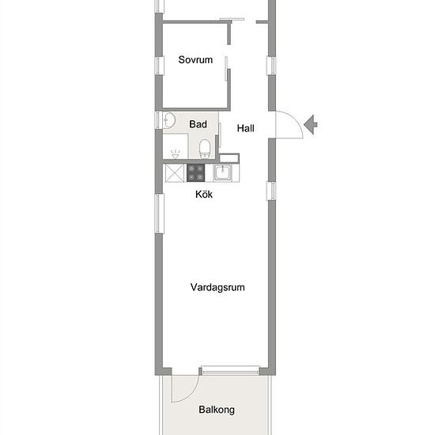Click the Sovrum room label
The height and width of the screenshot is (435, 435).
195,59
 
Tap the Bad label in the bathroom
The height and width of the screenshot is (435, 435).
198,124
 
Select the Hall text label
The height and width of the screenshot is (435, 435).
245,128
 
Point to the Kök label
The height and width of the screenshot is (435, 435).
204,195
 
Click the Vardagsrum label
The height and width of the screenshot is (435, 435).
217,287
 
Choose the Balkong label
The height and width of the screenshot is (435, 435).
217,410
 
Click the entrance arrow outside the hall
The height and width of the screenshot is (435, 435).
311,124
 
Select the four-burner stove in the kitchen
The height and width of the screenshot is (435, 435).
195,173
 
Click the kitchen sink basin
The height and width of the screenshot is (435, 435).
222,172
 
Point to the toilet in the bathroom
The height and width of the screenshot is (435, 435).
205,149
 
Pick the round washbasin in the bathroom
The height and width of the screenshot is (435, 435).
169,120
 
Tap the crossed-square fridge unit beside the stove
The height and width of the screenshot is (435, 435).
175,173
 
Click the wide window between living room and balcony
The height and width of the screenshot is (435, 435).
230,370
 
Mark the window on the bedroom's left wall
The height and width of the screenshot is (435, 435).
159,65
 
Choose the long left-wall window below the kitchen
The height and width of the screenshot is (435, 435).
159,214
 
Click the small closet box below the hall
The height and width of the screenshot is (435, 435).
229,158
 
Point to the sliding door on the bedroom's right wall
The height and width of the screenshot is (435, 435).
226,69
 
